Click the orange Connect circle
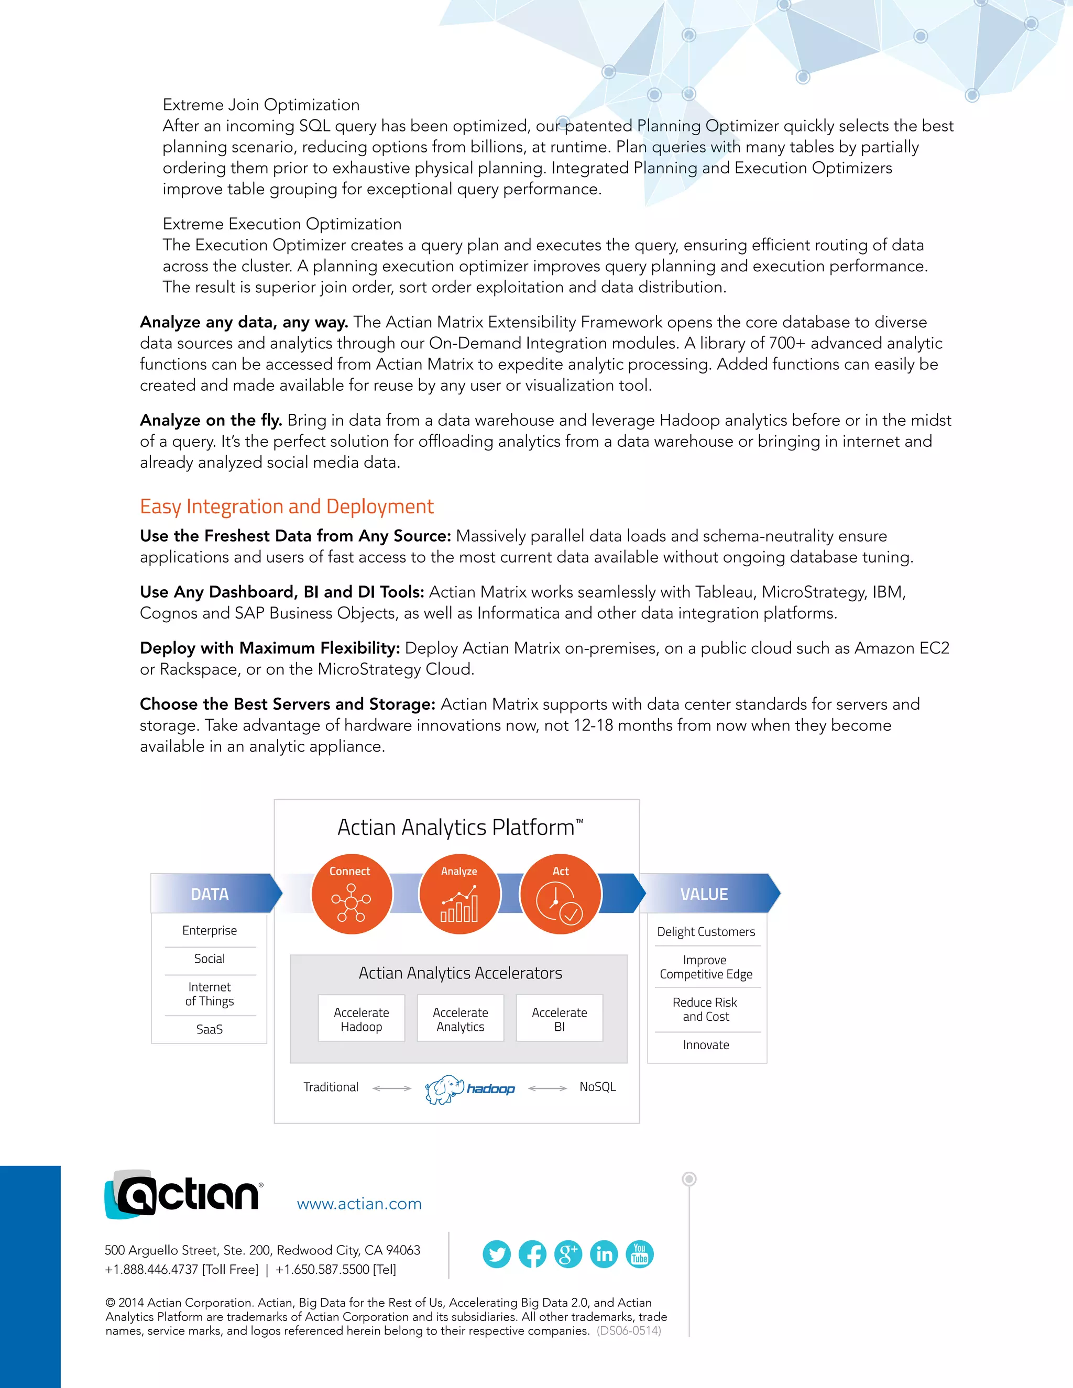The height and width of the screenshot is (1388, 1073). [352, 894]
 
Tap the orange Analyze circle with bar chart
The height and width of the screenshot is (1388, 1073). [459, 894]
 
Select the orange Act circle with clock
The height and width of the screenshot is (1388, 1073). [560, 894]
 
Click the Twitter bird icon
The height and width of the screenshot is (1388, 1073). [497, 1254]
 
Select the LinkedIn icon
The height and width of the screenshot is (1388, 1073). [604, 1254]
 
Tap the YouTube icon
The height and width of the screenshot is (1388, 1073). [640, 1254]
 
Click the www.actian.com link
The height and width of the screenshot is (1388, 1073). [359, 1204]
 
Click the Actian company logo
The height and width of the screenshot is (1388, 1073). [183, 1195]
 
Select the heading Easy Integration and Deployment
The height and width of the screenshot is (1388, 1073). [287, 506]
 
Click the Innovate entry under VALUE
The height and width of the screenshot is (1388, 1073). [706, 1045]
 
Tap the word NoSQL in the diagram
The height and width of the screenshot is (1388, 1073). [597, 1087]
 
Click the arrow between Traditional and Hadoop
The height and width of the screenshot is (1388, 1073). [391, 1088]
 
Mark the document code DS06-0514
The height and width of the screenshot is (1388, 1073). [629, 1331]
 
